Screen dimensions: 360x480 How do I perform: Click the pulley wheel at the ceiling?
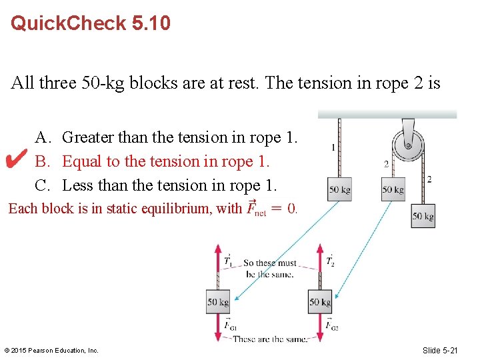[406, 145]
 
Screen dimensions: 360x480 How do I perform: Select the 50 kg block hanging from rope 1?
[339, 189]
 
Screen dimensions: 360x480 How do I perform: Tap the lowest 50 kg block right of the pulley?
[423, 216]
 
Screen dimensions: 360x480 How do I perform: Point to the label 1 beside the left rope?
[333, 146]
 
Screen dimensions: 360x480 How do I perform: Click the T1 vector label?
[228, 260]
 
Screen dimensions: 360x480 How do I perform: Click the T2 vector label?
[330, 260]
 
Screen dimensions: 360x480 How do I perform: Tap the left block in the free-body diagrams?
[218, 302]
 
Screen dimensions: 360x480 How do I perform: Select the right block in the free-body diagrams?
[320, 302]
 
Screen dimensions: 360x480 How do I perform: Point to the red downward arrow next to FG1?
[218, 327]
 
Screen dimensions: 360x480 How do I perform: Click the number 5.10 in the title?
[151, 24]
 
